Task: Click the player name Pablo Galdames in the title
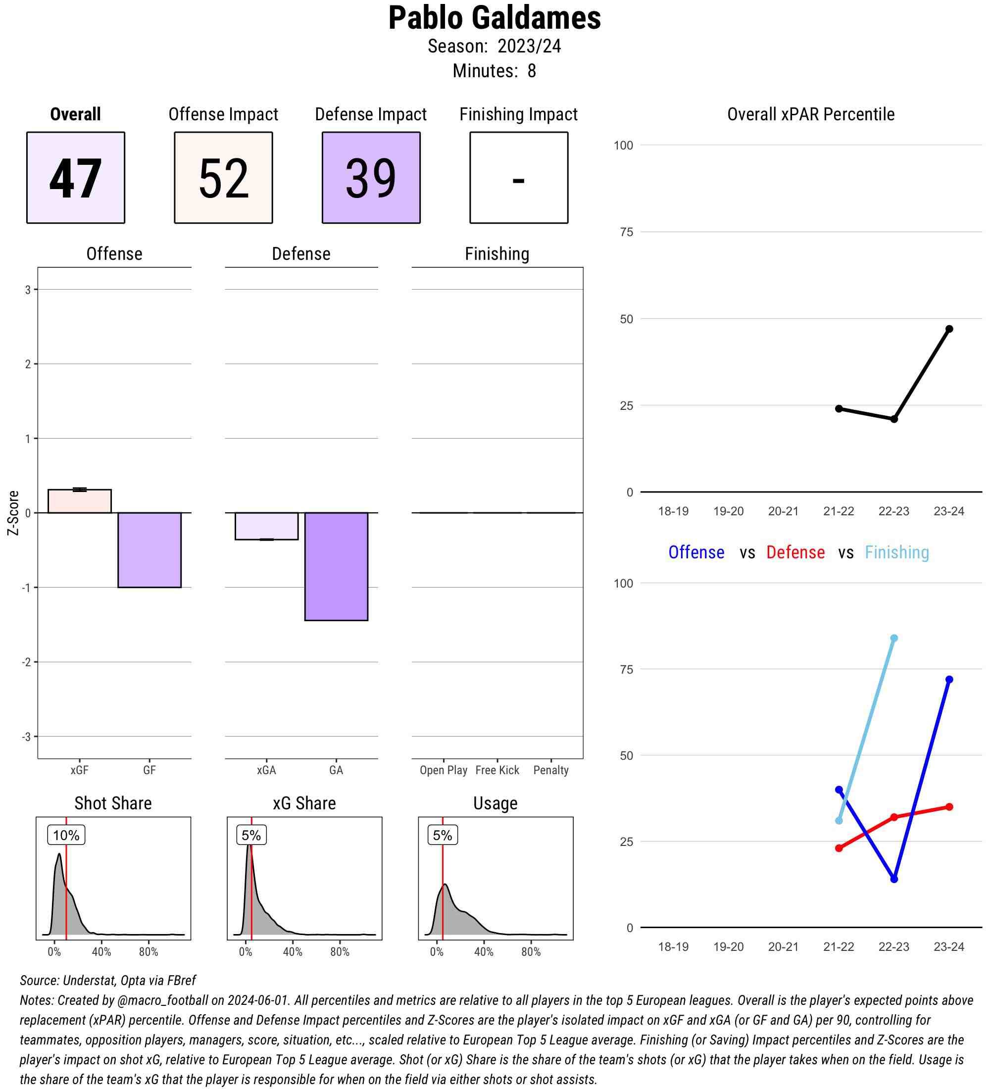[x=494, y=18]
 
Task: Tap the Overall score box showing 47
[x=76, y=177]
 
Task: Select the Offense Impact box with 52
[x=223, y=177]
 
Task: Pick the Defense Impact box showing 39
[x=371, y=177]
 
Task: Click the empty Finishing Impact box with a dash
[x=518, y=177]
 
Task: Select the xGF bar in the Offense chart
[x=79, y=501]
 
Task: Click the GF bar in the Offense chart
[x=149, y=549]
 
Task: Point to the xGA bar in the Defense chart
[x=266, y=526]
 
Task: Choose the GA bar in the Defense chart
[x=336, y=566]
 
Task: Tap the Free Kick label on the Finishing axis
[x=497, y=770]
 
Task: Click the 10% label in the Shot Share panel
[x=66, y=835]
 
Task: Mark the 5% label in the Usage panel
[x=443, y=835]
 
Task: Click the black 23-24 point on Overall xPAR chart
[x=949, y=329]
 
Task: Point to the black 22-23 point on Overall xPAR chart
[x=894, y=419]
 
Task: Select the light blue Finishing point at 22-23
[x=894, y=638]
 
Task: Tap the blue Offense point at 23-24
[x=949, y=680]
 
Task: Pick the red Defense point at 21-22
[x=839, y=848]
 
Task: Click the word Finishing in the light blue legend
[x=896, y=552]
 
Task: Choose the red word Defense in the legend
[x=795, y=552]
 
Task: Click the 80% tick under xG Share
[x=340, y=952]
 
